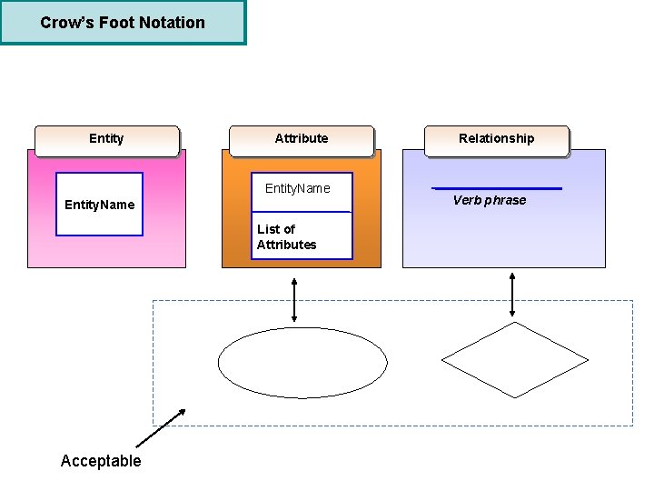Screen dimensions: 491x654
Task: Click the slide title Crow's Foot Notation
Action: click(x=123, y=23)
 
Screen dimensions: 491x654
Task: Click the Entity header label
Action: click(x=106, y=138)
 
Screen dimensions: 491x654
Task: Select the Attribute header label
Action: click(x=302, y=138)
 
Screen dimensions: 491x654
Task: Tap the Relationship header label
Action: click(x=496, y=138)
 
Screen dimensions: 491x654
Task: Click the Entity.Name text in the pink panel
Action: click(x=99, y=205)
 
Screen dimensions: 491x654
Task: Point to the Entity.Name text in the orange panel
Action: click(x=298, y=188)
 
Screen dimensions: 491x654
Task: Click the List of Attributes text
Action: click(x=286, y=236)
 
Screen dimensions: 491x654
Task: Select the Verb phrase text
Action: click(x=490, y=200)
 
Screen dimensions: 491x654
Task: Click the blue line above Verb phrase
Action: click(x=496, y=188)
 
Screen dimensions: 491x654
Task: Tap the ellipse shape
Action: click(x=302, y=363)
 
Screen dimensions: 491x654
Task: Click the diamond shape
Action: click(x=515, y=360)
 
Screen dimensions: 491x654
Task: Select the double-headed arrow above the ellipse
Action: click(x=294, y=299)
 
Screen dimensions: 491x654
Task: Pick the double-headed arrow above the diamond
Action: click(x=513, y=294)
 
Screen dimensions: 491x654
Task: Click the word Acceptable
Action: click(x=101, y=461)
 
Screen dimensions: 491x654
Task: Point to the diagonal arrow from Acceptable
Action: click(x=161, y=428)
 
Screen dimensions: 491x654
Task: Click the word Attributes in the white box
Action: click(x=286, y=245)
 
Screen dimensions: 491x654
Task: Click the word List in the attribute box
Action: click(x=269, y=229)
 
